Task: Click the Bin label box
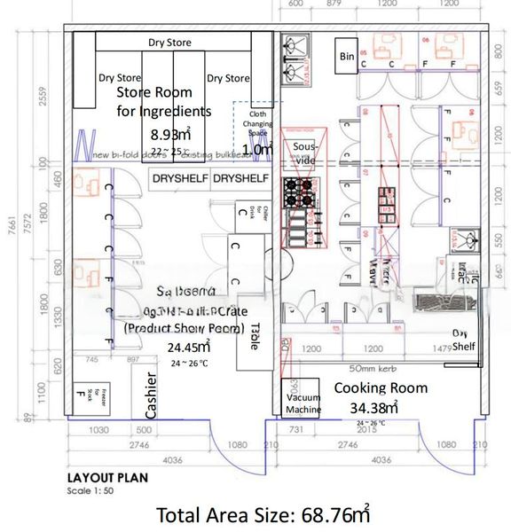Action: point(348,57)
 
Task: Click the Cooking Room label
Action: point(380,388)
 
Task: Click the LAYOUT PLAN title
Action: point(107,477)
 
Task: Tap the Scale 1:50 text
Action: point(90,489)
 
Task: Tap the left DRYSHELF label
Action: point(180,178)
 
